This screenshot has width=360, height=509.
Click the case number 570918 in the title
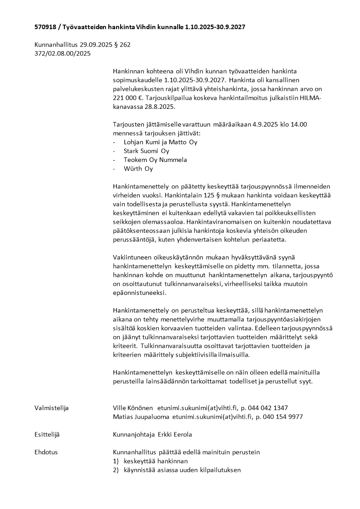click(x=45, y=27)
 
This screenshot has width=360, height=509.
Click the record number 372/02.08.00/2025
click(x=63, y=54)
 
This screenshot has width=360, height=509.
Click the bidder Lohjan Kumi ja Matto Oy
click(x=161, y=142)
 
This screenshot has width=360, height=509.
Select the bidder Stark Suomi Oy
click(x=146, y=151)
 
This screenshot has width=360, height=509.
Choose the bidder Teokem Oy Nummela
click(x=155, y=160)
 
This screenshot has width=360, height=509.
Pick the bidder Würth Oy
click(x=138, y=169)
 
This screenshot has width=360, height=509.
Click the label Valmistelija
click(x=51, y=408)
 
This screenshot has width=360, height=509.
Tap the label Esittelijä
click(x=47, y=435)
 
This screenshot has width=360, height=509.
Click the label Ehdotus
click(x=46, y=452)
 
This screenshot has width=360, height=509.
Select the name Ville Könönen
click(x=133, y=408)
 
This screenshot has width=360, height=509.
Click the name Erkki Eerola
click(x=175, y=435)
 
